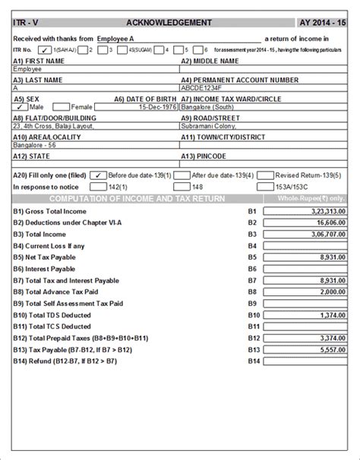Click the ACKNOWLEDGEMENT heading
click(180, 23)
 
